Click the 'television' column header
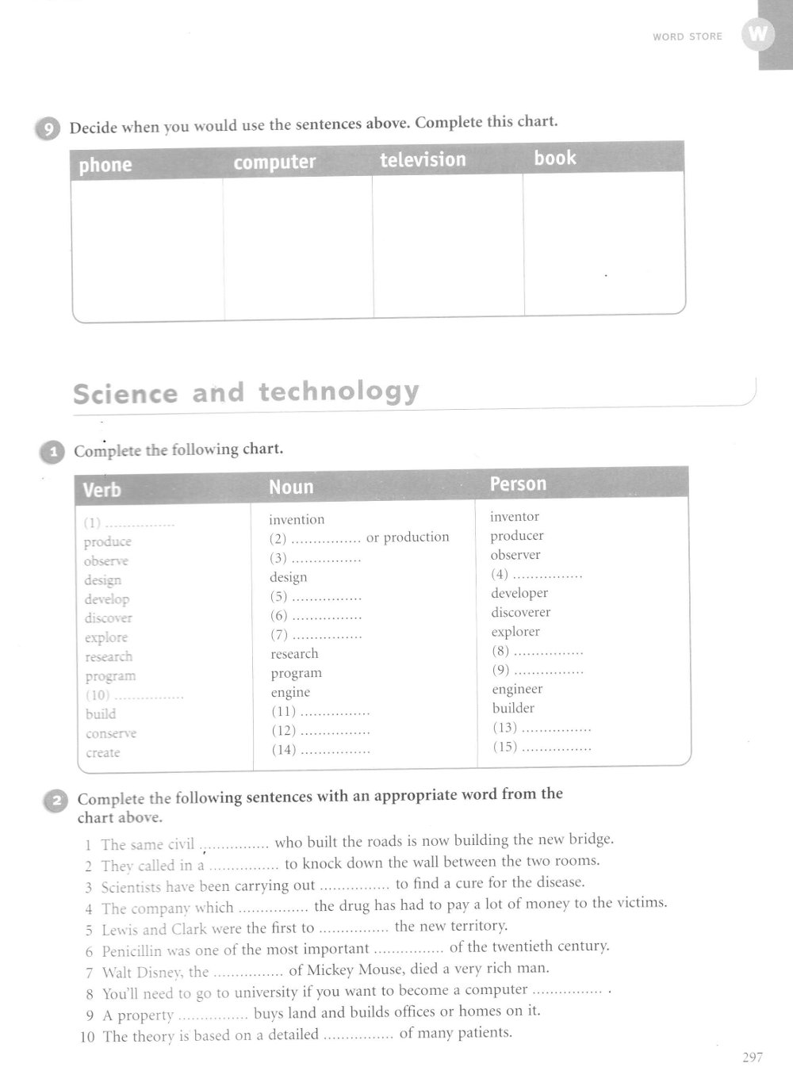click(x=423, y=160)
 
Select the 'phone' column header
click(x=105, y=165)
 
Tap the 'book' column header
click(x=554, y=158)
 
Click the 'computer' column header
click(x=274, y=163)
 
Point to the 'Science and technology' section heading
click(x=246, y=392)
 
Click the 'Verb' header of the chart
click(x=102, y=490)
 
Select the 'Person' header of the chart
click(x=518, y=484)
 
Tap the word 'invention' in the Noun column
click(x=297, y=520)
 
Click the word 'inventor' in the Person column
click(x=514, y=517)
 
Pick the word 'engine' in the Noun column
click(x=290, y=692)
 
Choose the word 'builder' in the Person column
click(x=513, y=708)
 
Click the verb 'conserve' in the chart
click(x=111, y=733)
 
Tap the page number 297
click(x=752, y=1057)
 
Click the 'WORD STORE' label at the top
click(x=688, y=36)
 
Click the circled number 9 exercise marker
click(x=47, y=128)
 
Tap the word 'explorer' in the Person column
click(x=515, y=632)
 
